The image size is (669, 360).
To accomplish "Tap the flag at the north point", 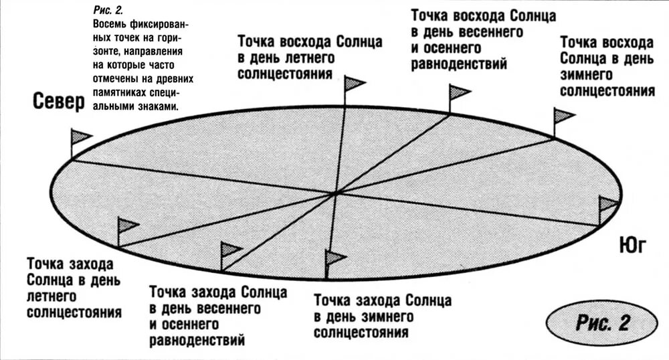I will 81,138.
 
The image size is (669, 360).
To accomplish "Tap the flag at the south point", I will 609,204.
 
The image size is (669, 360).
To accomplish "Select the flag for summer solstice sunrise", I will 354,84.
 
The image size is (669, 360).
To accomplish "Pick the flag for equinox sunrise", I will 459,92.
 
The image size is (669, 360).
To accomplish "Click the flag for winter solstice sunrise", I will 563,115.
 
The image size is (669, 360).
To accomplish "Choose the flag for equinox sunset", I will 230,250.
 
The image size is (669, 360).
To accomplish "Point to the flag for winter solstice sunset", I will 334,258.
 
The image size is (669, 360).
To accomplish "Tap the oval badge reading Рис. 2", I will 602,323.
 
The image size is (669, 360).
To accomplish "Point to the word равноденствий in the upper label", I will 458,64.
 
